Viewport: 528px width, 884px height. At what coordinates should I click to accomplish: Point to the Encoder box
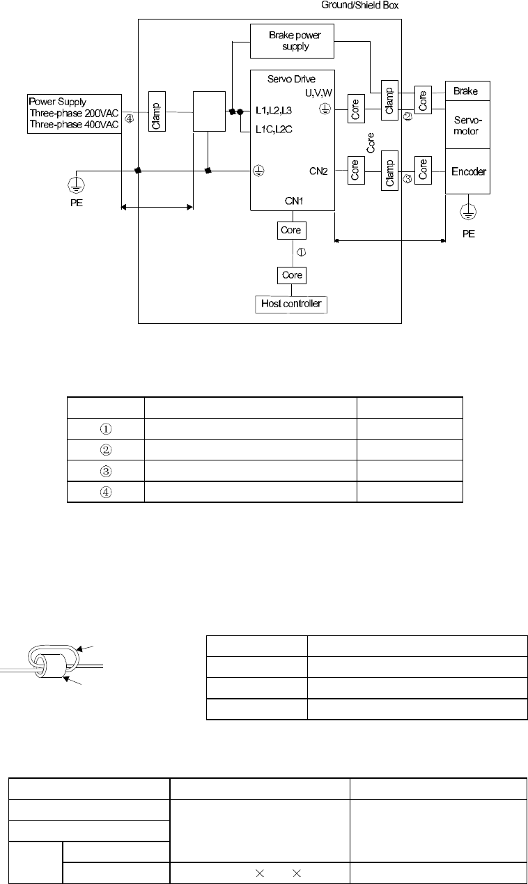(x=467, y=171)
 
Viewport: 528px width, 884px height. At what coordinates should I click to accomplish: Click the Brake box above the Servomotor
(x=467, y=91)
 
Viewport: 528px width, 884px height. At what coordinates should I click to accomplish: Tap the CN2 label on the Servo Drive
(x=319, y=169)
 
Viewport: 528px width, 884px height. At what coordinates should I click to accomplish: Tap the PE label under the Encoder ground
(x=469, y=234)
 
